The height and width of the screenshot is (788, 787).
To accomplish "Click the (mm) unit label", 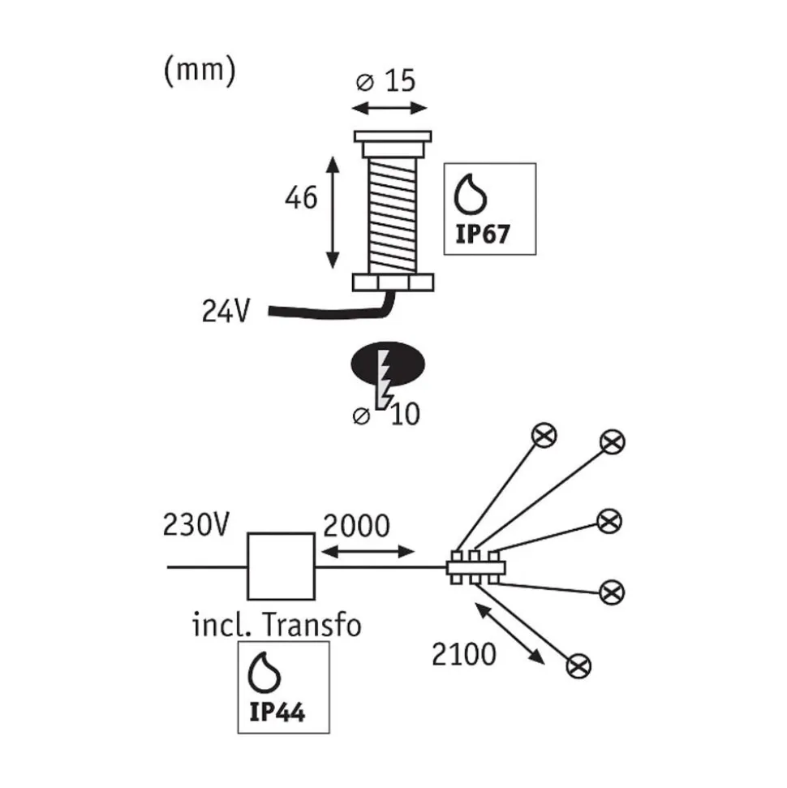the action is [200, 71].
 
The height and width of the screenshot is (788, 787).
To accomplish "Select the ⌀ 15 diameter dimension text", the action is [385, 81].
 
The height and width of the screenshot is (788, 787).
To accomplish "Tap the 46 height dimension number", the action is [301, 197].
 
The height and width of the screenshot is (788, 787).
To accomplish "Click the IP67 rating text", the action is [483, 235].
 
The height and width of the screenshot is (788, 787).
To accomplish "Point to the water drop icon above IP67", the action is [471, 194].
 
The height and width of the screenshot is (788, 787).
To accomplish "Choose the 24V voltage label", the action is [225, 311].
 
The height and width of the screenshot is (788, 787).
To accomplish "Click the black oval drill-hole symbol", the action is [388, 364].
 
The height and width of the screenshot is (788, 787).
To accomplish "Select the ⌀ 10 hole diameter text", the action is [386, 416].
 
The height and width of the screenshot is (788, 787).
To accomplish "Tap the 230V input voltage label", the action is [196, 525].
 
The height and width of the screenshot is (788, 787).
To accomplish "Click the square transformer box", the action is [282, 566].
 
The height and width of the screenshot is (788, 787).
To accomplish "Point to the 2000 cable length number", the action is [356, 526].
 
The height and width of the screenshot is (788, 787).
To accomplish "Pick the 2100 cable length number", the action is [464, 654].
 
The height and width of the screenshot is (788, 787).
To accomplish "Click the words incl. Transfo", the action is [277, 625].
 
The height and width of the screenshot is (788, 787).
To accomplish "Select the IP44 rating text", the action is [277, 712].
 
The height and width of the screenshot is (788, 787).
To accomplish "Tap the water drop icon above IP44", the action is [264, 673].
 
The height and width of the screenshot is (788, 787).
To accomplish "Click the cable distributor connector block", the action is [475, 568].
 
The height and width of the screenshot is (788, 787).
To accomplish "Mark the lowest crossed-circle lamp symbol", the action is [578, 666].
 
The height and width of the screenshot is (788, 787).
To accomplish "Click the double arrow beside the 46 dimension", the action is [332, 213].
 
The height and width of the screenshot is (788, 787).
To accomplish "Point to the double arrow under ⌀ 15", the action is [389, 108].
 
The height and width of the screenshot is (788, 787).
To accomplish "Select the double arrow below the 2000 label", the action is [368, 552].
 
